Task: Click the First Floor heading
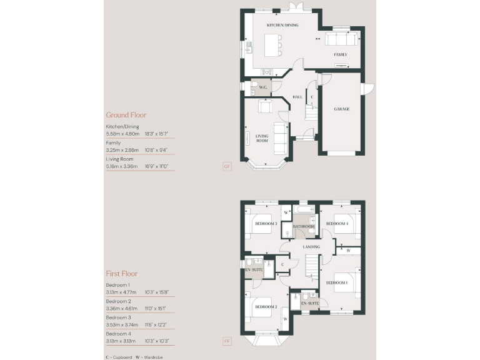point(121,274)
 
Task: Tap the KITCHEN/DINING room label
point(282,26)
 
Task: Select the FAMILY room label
point(340,55)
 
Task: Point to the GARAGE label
point(341,109)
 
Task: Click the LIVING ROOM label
point(261,139)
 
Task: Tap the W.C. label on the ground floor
point(263,87)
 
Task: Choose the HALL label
point(297,97)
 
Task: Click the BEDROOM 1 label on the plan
point(337,283)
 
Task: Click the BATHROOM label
point(303,226)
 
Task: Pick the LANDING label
point(311,247)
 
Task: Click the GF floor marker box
point(227,166)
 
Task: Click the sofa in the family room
point(341,40)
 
